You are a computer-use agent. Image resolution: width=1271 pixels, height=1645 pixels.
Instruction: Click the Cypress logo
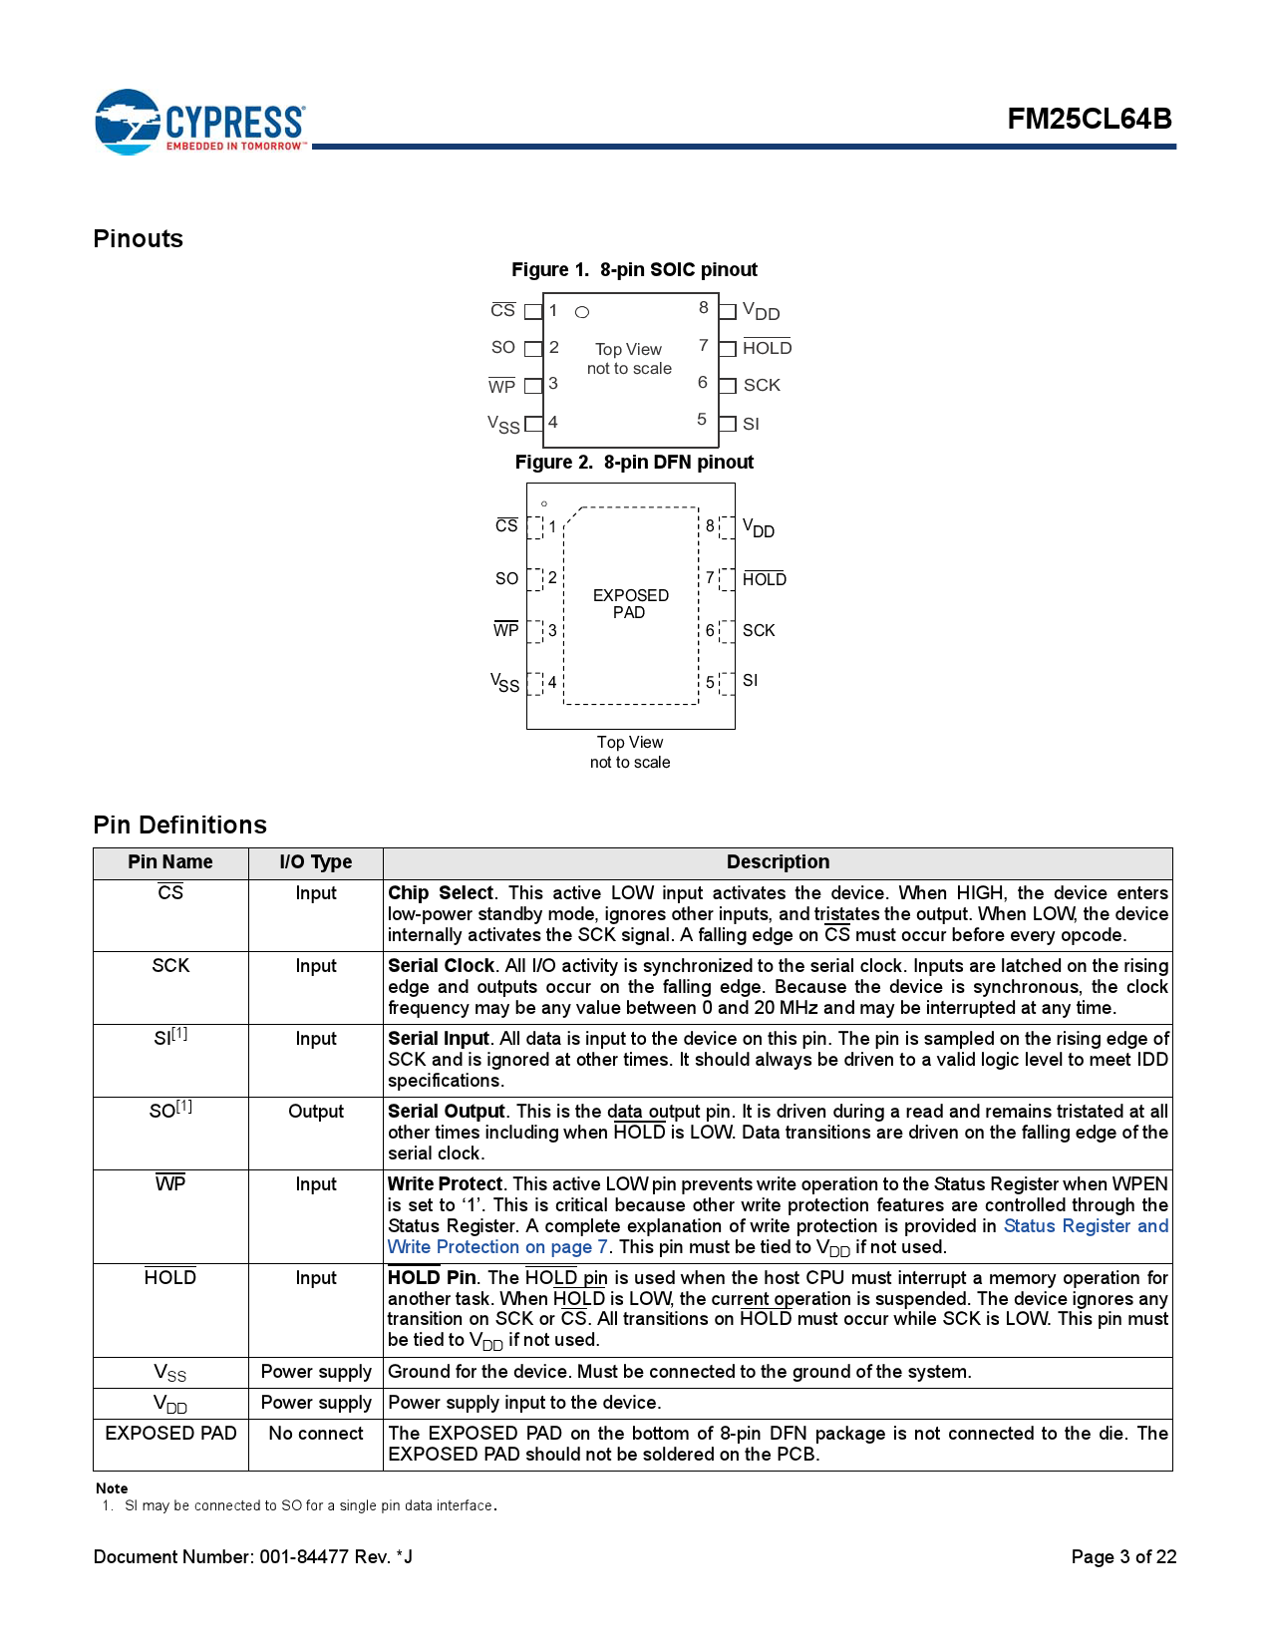199,122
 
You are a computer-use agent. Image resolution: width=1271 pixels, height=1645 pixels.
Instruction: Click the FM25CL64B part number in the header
1089,119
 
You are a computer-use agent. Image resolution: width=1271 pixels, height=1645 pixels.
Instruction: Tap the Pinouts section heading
139,239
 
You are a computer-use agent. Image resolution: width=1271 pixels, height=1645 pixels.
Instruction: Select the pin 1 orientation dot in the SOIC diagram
582,312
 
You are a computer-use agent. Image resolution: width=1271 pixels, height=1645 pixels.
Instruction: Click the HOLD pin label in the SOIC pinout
767,348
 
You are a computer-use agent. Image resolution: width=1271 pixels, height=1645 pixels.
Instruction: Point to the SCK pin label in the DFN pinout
758,630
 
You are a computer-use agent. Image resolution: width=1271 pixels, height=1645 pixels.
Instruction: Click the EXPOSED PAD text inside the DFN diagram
630,603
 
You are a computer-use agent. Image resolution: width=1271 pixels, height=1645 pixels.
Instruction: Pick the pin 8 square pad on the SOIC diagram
728,312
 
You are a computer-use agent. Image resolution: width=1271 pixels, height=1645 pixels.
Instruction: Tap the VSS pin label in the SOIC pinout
503,425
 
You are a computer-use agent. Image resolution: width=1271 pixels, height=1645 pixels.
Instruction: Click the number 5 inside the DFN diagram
710,682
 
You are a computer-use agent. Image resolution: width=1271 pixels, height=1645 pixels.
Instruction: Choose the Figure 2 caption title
634,462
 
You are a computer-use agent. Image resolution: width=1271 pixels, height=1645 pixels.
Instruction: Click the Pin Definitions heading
180,824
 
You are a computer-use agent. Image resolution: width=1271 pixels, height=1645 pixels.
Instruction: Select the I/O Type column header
315,862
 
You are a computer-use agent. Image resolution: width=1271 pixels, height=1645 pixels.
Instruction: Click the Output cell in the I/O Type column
315,1112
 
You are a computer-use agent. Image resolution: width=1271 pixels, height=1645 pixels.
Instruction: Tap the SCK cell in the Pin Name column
170,966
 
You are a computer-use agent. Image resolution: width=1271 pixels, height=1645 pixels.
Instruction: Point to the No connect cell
315,1434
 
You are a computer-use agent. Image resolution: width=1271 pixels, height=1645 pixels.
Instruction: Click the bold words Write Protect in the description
445,1184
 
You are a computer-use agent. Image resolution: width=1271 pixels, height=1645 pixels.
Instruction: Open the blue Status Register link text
1085,1226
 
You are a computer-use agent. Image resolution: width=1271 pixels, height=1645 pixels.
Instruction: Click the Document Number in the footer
252,1557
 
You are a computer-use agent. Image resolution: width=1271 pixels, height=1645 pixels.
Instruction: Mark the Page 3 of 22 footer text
1123,1557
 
